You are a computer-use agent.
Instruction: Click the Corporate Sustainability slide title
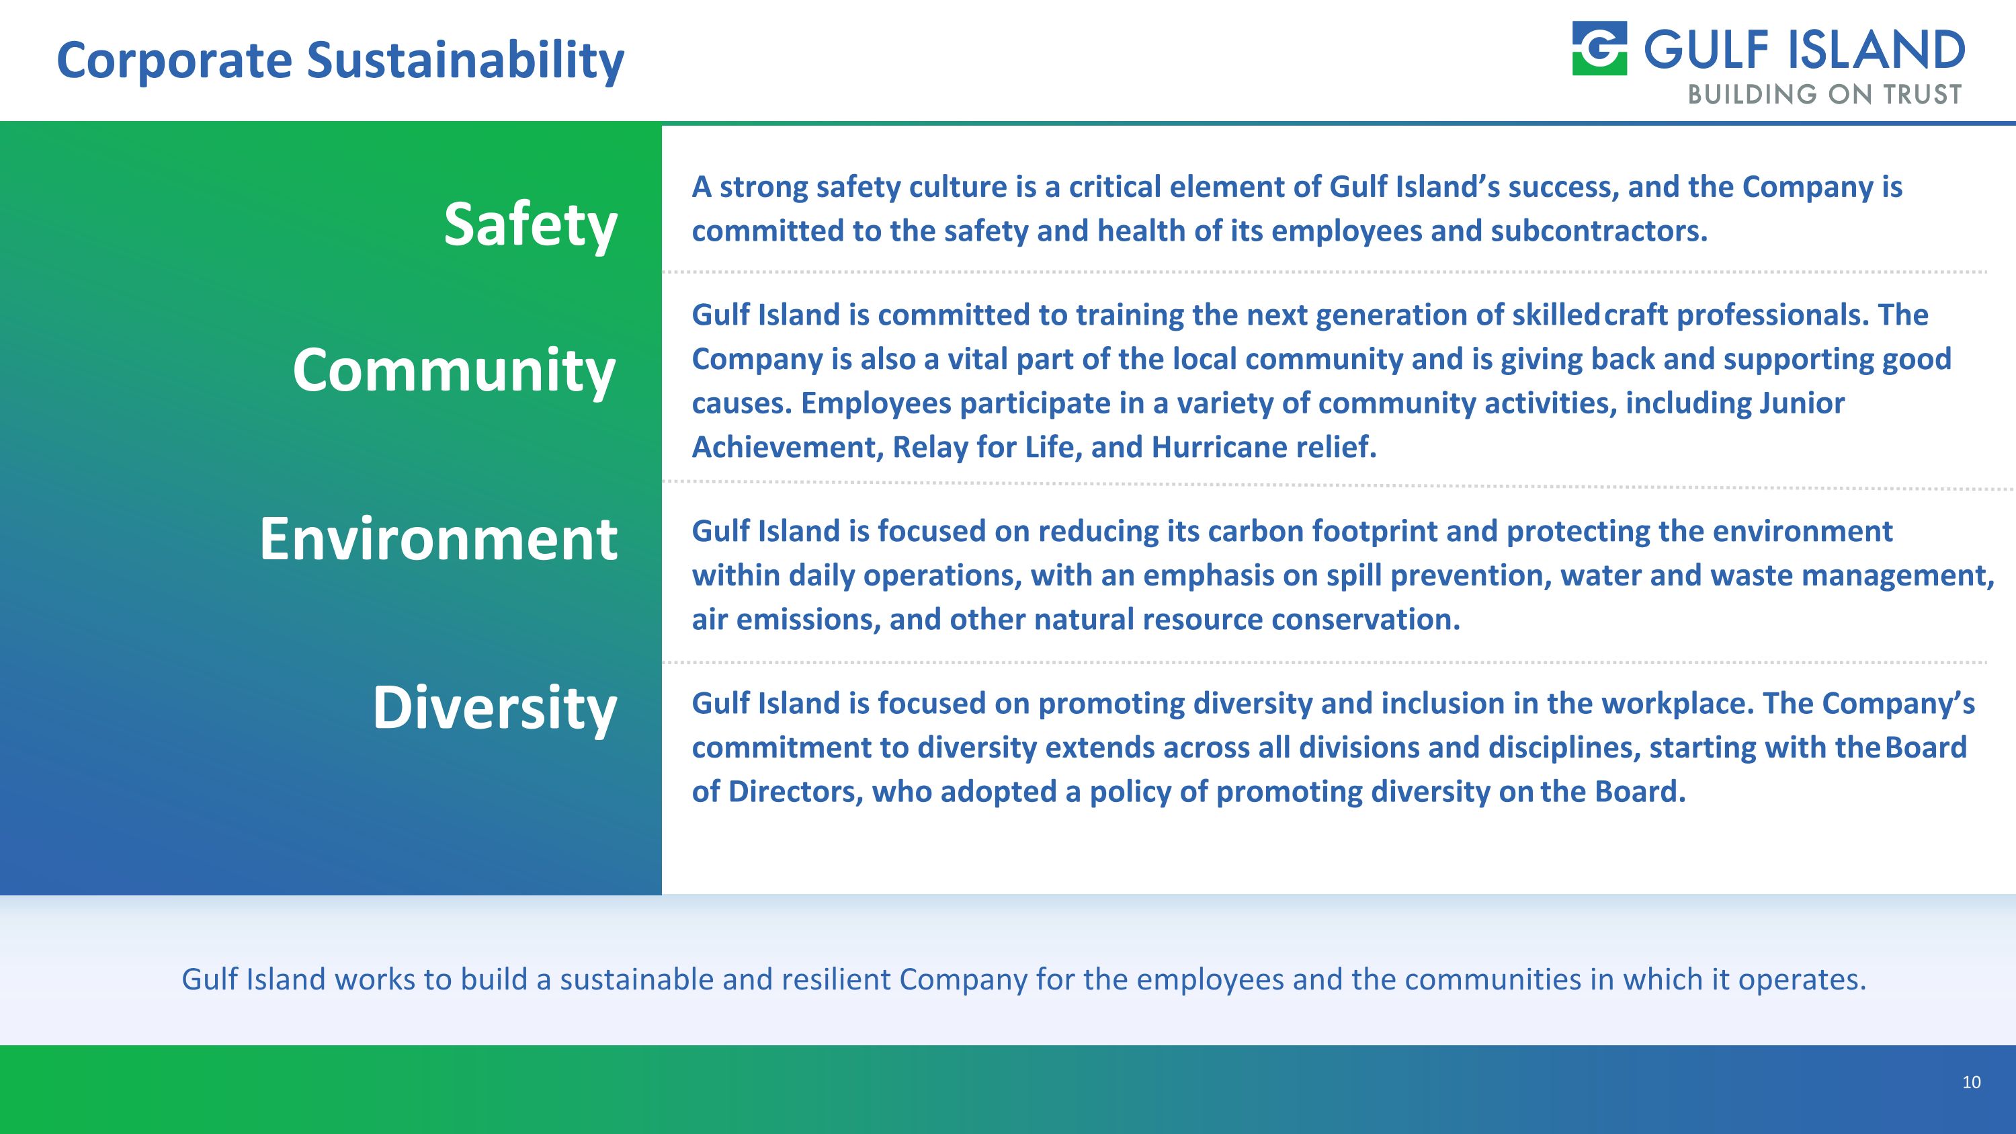(341, 60)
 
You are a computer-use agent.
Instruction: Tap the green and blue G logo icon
(1599, 48)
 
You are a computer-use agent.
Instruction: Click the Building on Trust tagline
(1824, 95)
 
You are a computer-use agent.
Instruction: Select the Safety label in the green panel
(531, 225)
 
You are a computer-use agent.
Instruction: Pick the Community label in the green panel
(454, 370)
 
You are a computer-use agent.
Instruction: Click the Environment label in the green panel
(438, 539)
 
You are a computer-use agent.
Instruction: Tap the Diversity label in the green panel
(495, 707)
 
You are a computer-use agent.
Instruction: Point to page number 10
(1970, 1082)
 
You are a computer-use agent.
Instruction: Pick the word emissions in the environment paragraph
(807, 620)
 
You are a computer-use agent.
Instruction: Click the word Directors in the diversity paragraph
(794, 792)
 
